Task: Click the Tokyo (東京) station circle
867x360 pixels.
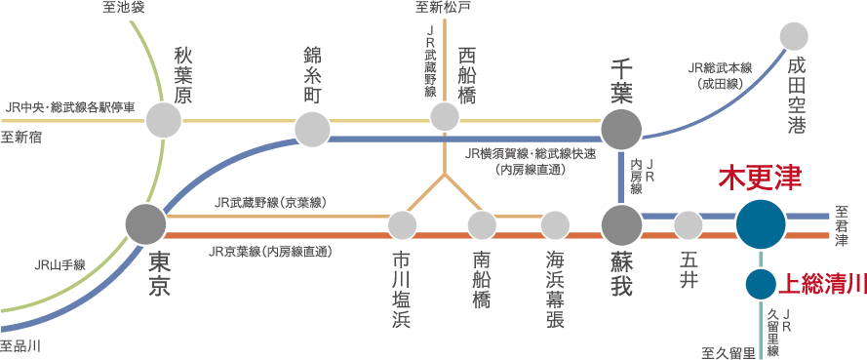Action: coord(146,224)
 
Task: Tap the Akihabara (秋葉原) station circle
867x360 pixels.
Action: coord(164,120)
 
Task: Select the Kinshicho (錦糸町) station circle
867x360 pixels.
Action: coord(313,129)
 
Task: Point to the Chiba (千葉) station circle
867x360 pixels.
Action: coord(621,129)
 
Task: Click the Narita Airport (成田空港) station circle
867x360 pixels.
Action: coord(795,37)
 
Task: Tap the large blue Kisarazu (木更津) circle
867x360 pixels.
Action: coord(761,224)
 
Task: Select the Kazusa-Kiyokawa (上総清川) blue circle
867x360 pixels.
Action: coord(761,285)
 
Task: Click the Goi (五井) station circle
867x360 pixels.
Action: coord(689,225)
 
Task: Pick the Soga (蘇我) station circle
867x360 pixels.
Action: coord(621,225)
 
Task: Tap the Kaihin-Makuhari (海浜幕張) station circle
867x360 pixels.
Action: coord(555,225)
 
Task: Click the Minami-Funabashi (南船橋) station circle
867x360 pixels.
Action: coord(482,225)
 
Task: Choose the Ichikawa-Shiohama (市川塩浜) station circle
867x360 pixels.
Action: coord(402,225)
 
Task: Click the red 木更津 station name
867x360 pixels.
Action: coord(760,179)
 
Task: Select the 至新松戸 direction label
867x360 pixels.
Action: coord(442,8)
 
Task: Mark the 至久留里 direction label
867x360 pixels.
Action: coord(728,349)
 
